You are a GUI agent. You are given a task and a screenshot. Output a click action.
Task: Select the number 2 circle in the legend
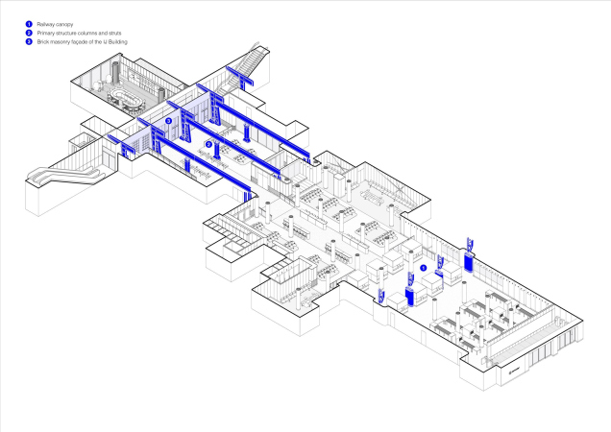pyautogui.click(x=29, y=32)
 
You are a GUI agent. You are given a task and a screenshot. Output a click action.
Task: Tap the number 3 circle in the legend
pyautogui.click(x=29, y=42)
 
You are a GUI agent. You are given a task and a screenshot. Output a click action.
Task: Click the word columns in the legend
pyautogui.click(x=87, y=32)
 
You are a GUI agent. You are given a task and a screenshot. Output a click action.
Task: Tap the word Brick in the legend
pyautogui.click(x=42, y=42)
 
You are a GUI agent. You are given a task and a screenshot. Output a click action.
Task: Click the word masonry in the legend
pyautogui.click(x=60, y=42)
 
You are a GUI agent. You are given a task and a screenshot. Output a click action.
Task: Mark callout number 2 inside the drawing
pyautogui.click(x=208, y=145)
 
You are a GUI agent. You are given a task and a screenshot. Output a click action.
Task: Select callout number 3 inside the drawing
pyautogui.click(x=168, y=121)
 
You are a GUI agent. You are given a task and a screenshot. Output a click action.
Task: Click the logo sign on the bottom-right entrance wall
pyautogui.click(x=512, y=368)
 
